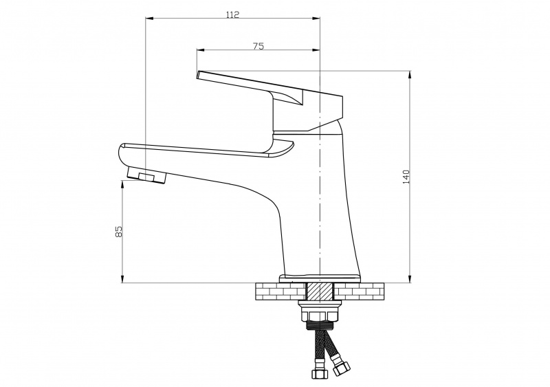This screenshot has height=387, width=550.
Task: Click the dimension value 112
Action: [x=232, y=14]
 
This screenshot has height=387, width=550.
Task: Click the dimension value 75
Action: [x=258, y=46]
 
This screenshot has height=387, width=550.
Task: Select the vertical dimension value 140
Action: [x=406, y=177]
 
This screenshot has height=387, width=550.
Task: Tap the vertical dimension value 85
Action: [x=119, y=231]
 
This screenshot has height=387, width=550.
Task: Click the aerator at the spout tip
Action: [x=146, y=175]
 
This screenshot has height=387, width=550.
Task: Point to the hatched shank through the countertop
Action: [x=320, y=291]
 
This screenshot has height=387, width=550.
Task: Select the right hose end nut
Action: [x=341, y=368]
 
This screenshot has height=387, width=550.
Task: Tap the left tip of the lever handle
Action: [x=198, y=75]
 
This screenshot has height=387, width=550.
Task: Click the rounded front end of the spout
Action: [x=121, y=155]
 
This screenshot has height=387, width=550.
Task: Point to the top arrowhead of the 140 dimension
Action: [x=409, y=75]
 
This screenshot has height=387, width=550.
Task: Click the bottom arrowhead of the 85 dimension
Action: [x=122, y=278]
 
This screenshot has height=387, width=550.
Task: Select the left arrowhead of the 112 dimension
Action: [x=150, y=19]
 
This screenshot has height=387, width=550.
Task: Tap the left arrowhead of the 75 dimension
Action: [x=201, y=50]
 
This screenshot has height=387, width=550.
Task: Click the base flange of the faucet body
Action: [x=320, y=278]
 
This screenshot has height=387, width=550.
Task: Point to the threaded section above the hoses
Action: [x=320, y=325]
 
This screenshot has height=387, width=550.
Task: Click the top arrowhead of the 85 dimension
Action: [x=122, y=184]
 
